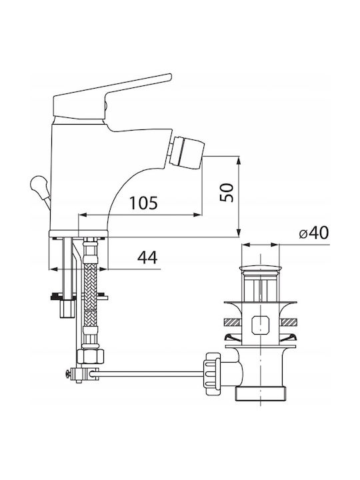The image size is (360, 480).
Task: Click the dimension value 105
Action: coord(143,203)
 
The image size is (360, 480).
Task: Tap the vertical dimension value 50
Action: coord(227,193)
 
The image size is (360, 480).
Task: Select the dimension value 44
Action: coord(147,257)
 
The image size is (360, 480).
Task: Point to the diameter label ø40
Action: coord(313,233)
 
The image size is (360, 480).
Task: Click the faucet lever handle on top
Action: coord(112,97)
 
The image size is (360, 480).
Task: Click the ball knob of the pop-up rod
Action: coord(38,184)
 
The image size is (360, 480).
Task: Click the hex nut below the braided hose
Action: coord(90,356)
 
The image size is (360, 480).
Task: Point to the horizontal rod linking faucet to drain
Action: coord(147,372)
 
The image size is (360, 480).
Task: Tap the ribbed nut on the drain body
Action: coord(212,373)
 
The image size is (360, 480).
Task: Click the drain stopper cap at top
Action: coord(260,269)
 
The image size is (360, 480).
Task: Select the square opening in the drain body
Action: coord(260,325)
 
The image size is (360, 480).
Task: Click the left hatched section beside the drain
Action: coord(233,322)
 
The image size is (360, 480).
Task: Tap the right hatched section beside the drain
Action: coord(288,322)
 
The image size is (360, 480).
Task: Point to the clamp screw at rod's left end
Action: coord(68,374)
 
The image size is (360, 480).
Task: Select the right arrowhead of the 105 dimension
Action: coord(198,215)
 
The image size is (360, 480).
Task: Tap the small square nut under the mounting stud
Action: coord(67,308)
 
